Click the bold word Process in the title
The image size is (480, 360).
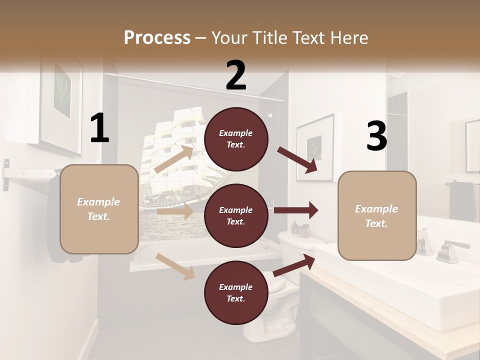click(157, 37)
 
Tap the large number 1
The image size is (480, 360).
click(99, 128)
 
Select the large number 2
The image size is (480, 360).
click(236, 75)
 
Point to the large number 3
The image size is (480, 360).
click(376, 136)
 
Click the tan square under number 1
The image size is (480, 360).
click(99, 209)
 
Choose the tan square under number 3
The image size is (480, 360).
click(376, 215)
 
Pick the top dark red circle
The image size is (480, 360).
click(236, 139)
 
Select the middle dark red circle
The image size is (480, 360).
click(236, 215)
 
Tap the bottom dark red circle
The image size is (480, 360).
click(236, 292)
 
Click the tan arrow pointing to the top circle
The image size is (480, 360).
click(174, 159)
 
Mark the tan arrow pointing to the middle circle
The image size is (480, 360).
click(175, 211)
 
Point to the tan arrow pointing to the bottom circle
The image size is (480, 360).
click(175, 266)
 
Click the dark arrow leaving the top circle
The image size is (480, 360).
click(298, 159)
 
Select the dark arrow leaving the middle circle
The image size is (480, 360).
click(296, 210)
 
